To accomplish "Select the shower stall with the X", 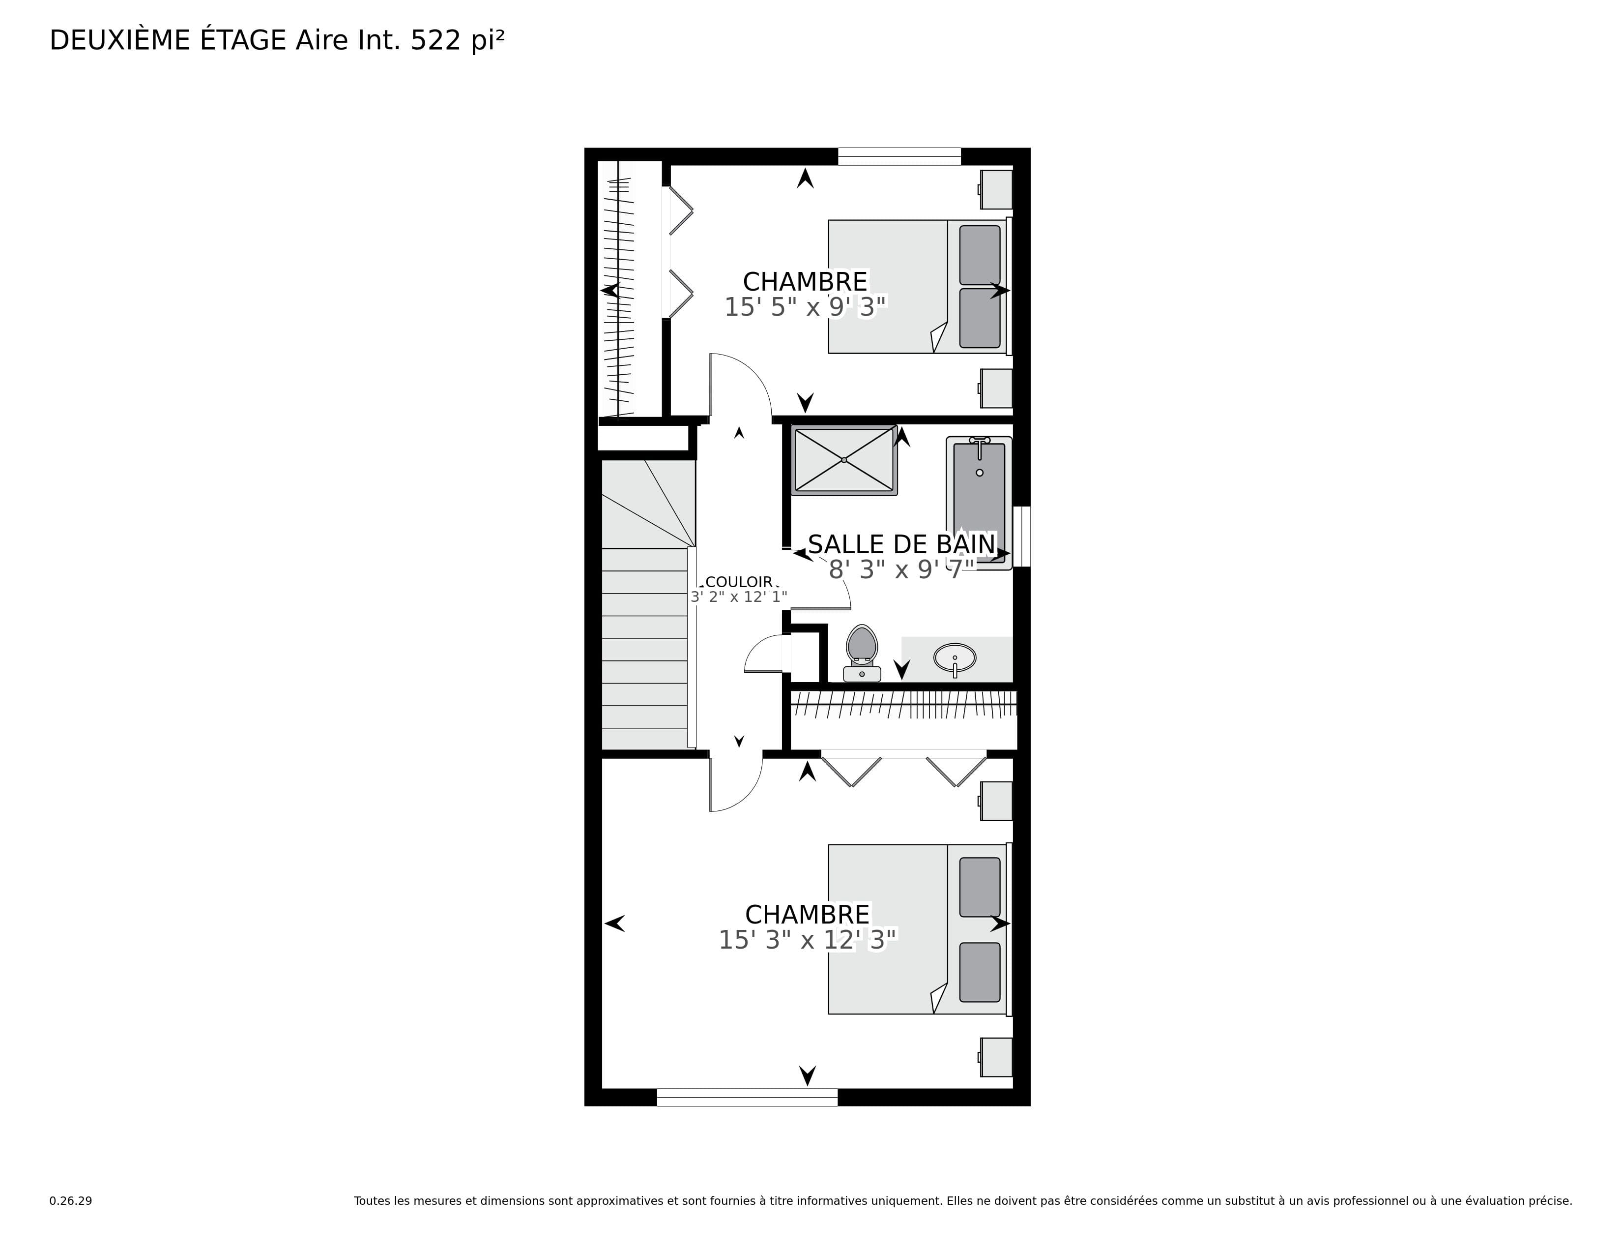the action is pyautogui.click(x=844, y=460).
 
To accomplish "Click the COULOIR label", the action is pyautogui.click(x=739, y=582).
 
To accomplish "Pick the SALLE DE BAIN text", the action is pyautogui.click(x=901, y=544).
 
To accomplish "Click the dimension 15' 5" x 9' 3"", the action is pyautogui.click(x=806, y=307).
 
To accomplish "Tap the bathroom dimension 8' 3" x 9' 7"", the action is pyautogui.click(x=901, y=570).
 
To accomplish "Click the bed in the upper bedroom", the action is pyautogui.click(x=920, y=286).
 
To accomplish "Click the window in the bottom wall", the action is pyautogui.click(x=747, y=1097).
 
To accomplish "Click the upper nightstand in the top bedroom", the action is pyautogui.click(x=995, y=189).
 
